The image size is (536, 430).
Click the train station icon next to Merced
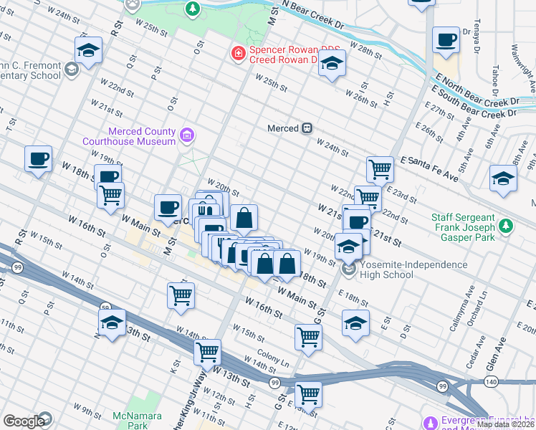click(x=307, y=128)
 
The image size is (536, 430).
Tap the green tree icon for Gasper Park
click(x=507, y=226)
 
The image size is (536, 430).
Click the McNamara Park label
click(x=130, y=421)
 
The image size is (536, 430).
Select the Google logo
click(x=24, y=421)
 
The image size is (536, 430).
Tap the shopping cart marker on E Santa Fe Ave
click(x=380, y=170)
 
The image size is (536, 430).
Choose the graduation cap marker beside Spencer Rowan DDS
click(x=332, y=63)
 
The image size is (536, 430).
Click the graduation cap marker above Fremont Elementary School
click(x=88, y=50)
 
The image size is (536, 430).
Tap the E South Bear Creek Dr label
click(x=473, y=102)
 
